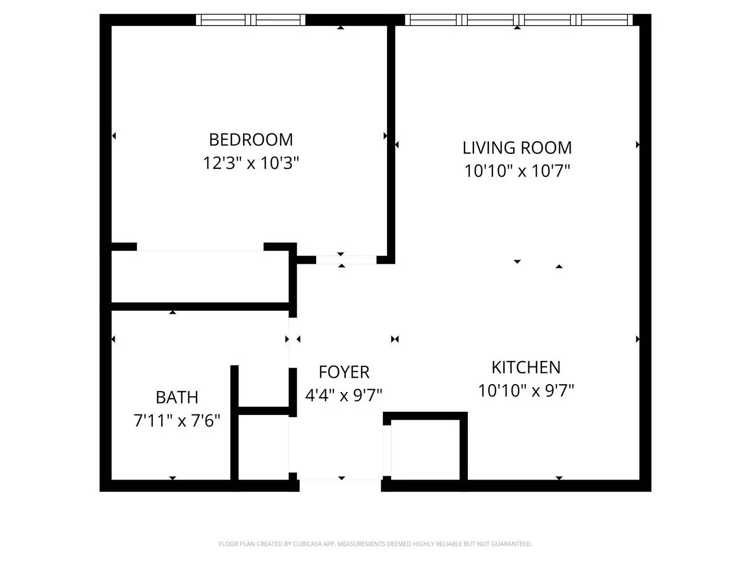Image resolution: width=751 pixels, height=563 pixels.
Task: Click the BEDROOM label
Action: click(x=251, y=140)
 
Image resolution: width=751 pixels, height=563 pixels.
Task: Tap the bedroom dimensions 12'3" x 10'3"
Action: click(x=251, y=163)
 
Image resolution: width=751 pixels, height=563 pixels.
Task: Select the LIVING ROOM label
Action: click(x=517, y=148)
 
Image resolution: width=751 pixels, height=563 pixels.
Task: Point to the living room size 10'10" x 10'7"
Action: click(x=517, y=171)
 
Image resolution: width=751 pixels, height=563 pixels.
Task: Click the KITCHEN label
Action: click(x=526, y=368)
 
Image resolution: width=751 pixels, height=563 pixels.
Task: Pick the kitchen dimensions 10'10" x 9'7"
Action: click(x=526, y=390)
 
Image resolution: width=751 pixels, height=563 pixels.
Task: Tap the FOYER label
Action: click(x=344, y=372)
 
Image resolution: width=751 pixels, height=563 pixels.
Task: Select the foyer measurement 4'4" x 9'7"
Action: click(x=344, y=395)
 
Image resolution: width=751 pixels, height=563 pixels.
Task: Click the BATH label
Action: click(x=177, y=397)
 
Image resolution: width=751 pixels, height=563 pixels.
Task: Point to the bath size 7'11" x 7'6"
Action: click(x=177, y=420)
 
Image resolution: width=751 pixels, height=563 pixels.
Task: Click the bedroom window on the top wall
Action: click(x=251, y=20)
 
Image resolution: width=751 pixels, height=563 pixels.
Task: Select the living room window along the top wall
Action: click(x=518, y=20)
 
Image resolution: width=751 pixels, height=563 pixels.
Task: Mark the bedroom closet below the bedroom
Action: click(x=200, y=276)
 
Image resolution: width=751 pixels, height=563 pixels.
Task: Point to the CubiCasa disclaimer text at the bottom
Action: click(x=375, y=544)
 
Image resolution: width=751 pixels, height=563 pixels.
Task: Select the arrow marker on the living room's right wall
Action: click(x=638, y=145)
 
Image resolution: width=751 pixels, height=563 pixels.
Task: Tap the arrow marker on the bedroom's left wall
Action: click(x=114, y=136)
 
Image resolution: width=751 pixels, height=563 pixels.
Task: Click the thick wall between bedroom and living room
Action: click(x=391, y=141)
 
